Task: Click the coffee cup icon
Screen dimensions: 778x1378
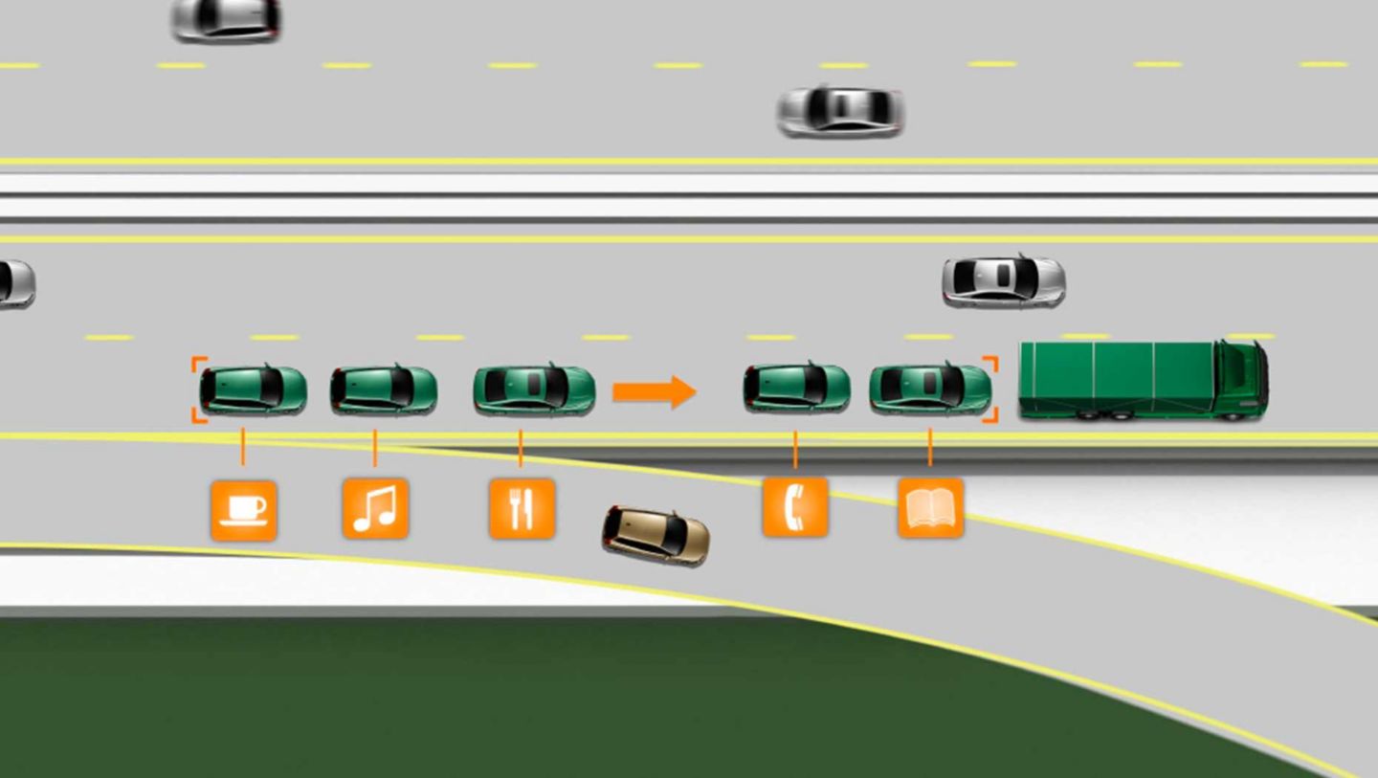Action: click(243, 510)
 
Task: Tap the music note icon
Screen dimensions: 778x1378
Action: click(375, 509)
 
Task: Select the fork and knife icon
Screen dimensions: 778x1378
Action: click(522, 509)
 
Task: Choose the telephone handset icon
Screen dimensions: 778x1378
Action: click(794, 507)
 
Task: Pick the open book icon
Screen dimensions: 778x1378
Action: click(930, 508)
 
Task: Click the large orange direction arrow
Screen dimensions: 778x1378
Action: click(654, 390)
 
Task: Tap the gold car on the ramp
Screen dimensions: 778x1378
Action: click(656, 534)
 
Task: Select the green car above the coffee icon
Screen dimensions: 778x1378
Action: click(253, 389)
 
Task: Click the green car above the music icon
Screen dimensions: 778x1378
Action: click(384, 389)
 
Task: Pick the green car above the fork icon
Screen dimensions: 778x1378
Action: click(534, 389)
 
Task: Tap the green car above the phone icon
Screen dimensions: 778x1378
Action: click(796, 388)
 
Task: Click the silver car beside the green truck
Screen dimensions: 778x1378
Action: click(1003, 280)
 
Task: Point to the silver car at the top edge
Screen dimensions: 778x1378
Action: click(226, 18)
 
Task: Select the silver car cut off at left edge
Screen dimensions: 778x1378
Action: click(15, 283)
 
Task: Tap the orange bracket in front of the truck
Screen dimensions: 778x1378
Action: click(992, 389)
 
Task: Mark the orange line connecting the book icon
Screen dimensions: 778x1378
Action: click(930, 448)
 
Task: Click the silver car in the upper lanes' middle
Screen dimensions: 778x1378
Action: click(840, 111)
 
